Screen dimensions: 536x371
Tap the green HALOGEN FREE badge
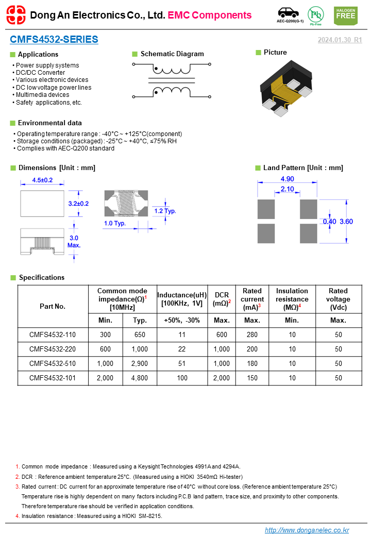pyautogui.click(x=345, y=15)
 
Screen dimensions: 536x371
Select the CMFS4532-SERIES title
pyautogui.click(x=54, y=40)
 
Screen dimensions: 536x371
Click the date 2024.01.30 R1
pyautogui.click(x=340, y=40)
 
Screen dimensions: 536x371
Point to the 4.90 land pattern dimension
pyautogui.click(x=288, y=179)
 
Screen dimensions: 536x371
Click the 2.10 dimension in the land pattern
pyautogui.click(x=288, y=190)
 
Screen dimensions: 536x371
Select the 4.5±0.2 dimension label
pyautogui.click(x=43, y=180)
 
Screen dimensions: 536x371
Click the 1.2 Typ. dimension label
pyautogui.click(x=165, y=211)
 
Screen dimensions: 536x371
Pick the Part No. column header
pyautogui.click(x=53, y=306)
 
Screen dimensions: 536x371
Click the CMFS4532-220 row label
pyautogui.click(x=53, y=349)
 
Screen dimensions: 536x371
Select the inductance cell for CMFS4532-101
pyautogui.click(x=182, y=378)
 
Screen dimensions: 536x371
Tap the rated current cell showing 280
pyautogui.click(x=252, y=334)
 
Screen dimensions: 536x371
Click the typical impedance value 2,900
pyautogui.click(x=140, y=363)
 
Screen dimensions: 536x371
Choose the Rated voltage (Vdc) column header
pyautogui.click(x=338, y=299)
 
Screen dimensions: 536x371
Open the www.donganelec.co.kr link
pyautogui.click(x=307, y=530)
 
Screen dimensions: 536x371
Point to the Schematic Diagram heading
pyautogui.click(x=172, y=54)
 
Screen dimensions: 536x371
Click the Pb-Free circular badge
pyautogui.click(x=315, y=14)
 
